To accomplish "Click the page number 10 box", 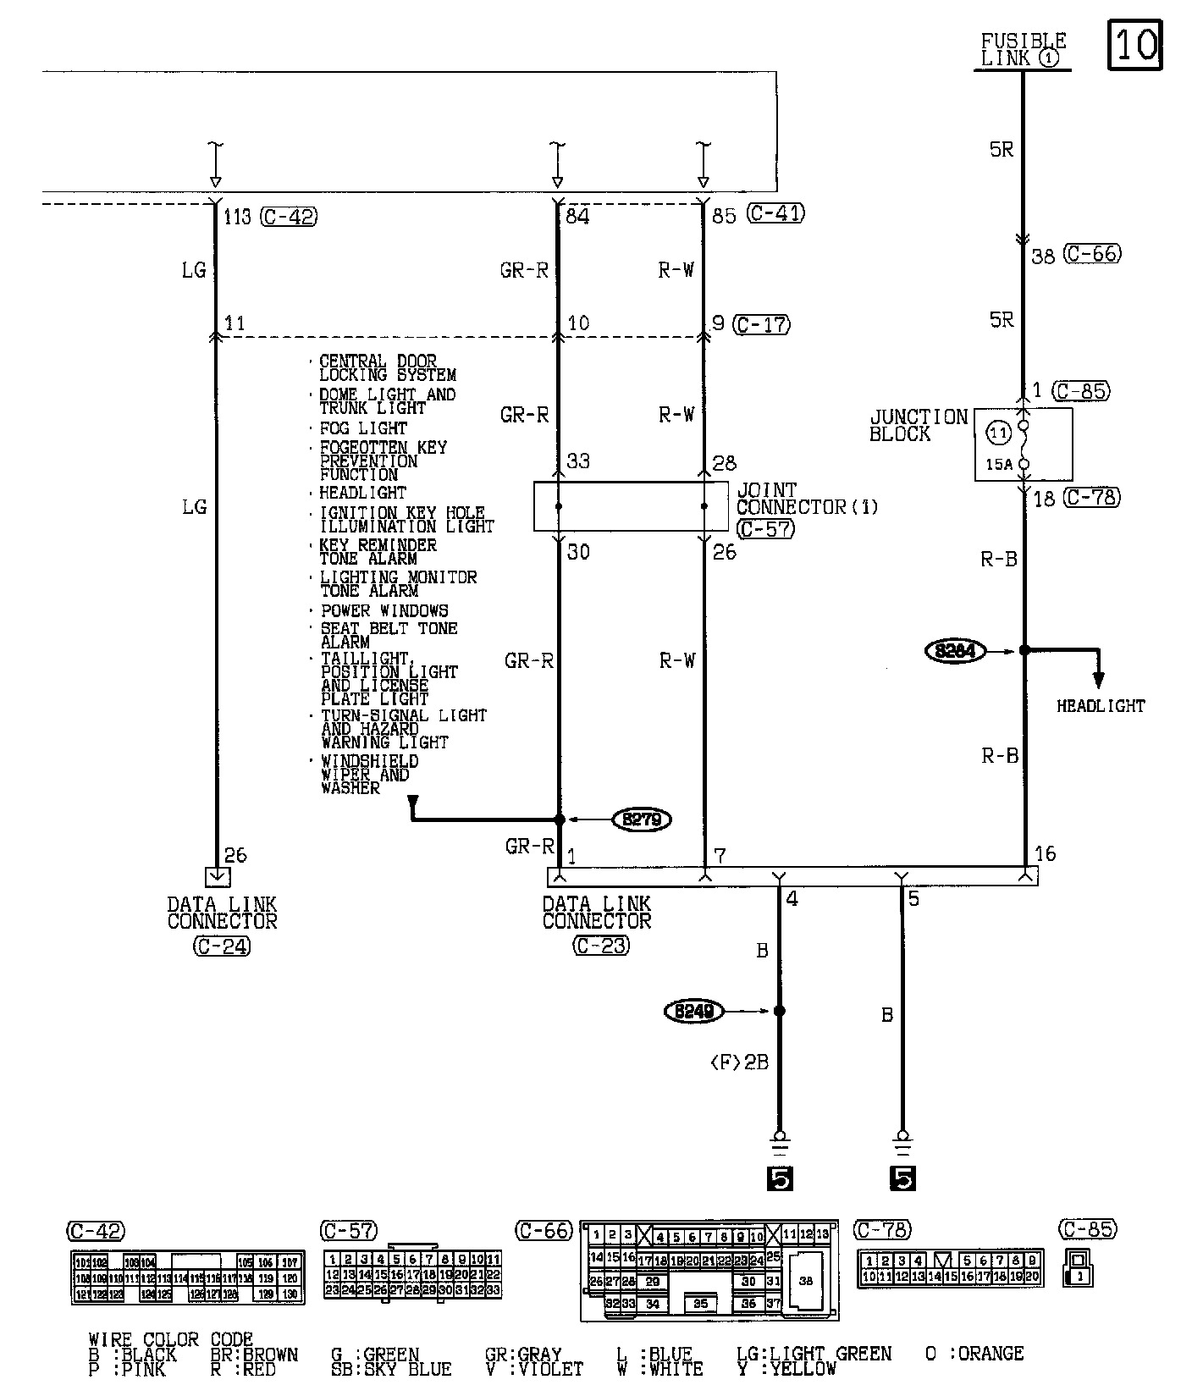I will click(1134, 43).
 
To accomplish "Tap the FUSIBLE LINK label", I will click(1023, 49).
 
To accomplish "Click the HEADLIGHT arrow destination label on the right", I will click(1100, 706).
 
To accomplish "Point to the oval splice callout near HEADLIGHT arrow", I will click(955, 651).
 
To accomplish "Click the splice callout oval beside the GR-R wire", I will click(642, 819).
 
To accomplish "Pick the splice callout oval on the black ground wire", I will click(694, 1011).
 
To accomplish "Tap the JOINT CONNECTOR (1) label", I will click(806, 499).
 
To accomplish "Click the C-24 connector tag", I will click(222, 946).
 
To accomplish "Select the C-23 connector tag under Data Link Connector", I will click(600, 946).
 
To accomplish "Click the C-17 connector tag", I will click(762, 324).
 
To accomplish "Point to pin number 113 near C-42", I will click(237, 218).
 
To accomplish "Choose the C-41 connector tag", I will click(775, 213).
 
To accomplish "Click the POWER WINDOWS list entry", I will click(384, 610).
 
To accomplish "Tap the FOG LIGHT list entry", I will click(363, 428).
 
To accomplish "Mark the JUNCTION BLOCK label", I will click(918, 425).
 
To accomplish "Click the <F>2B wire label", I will click(739, 1062).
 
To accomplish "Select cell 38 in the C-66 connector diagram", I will click(805, 1281).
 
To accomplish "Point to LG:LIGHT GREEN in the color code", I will click(814, 1354).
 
